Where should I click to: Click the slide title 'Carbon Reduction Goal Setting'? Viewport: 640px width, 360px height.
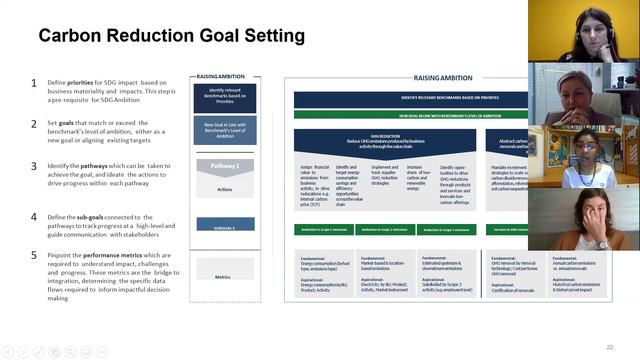point(171,37)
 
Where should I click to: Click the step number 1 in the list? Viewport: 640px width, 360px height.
point(34,83)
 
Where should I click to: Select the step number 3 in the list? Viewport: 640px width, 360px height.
point(34,166)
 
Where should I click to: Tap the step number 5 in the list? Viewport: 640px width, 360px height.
point(34,256)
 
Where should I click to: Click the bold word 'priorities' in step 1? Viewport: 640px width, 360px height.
point(88,83)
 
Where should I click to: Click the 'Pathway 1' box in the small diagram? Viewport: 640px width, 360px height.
point(225,165)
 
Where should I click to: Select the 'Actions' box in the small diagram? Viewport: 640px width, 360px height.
point(225,187)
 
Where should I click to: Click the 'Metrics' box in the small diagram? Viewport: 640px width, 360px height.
point(225,277)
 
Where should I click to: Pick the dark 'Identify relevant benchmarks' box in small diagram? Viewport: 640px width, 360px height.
point(225,97)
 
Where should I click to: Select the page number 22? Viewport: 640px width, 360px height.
point(609,347)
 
